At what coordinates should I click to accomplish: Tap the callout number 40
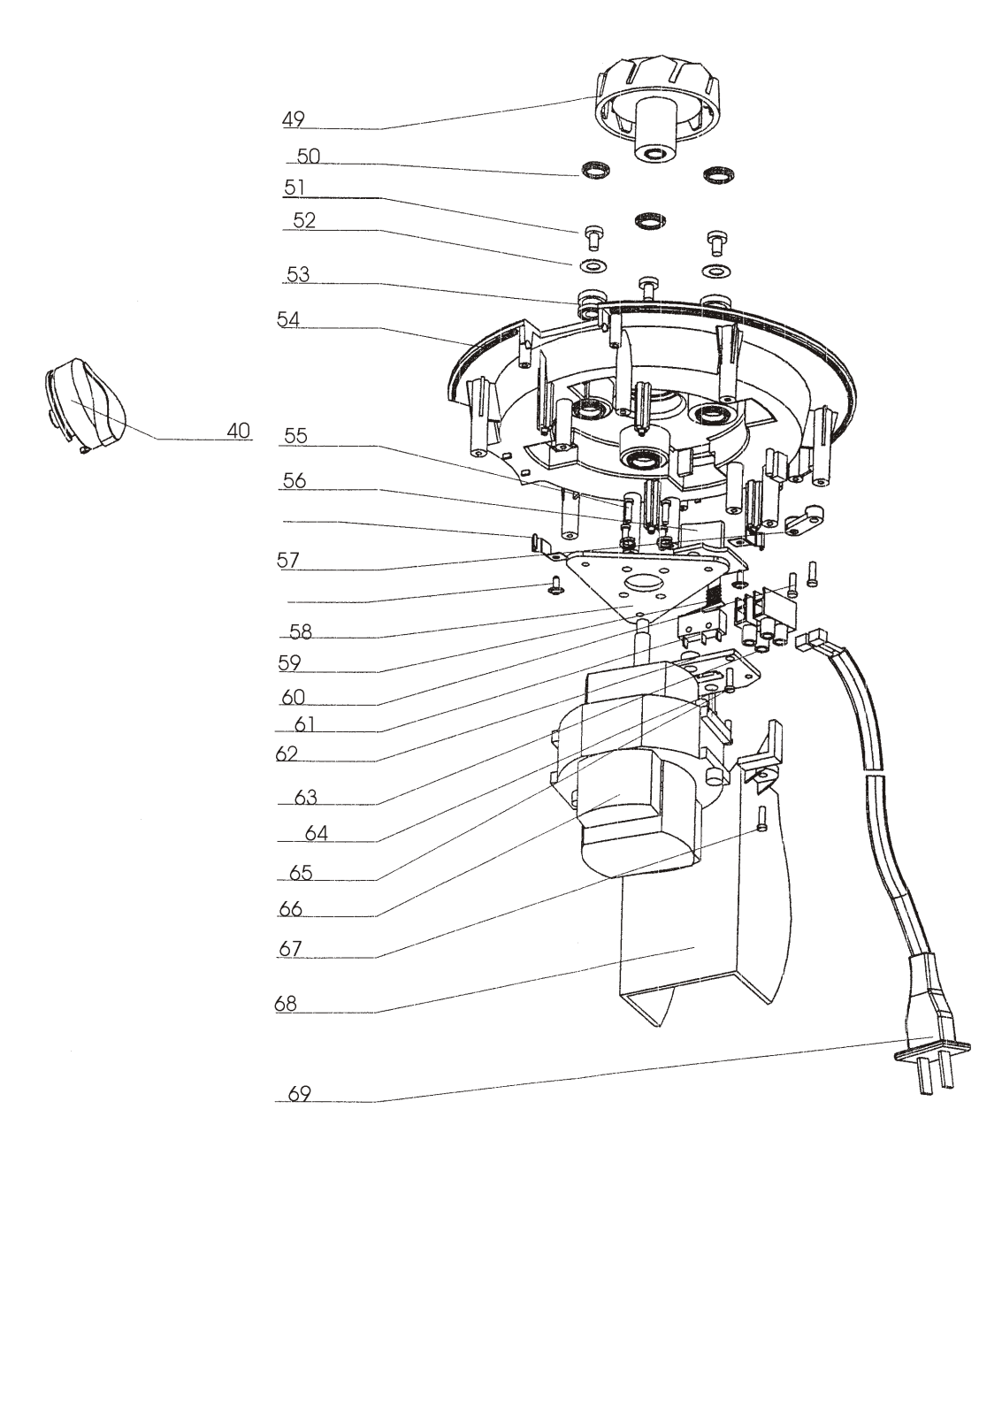[x=238, y=431]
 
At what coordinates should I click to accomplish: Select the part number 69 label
[x=300, y=1094]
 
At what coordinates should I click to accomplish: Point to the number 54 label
[x=288, y=320]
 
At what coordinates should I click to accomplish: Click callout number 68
[x=286, y=1005]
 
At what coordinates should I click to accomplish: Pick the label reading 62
[x=286, y=754]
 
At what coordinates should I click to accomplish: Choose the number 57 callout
[x=287, y=560]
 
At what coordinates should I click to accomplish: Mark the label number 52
[x=303, y=221]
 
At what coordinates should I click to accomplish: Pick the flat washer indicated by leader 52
[x=593, y=265]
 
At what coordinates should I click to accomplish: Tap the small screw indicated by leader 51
[x=593, y=237]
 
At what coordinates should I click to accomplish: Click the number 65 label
[x=301, y=873]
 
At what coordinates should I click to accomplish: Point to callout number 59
[x=289, y=662]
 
